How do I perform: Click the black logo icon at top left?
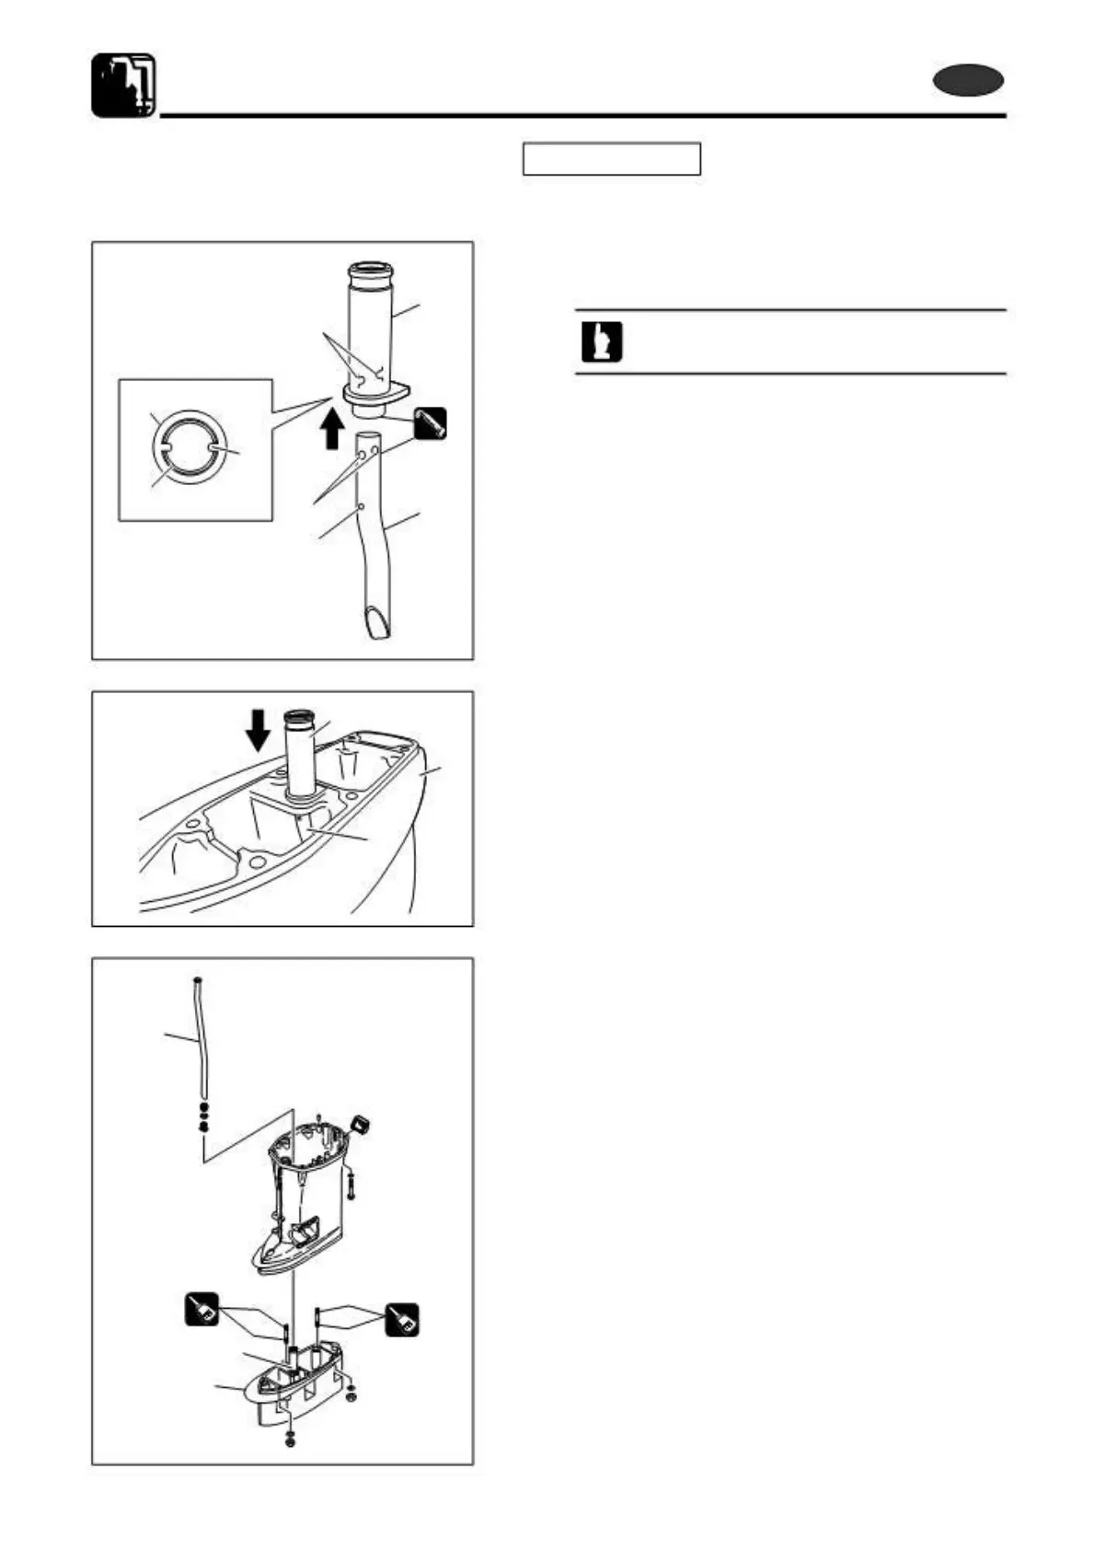pyautogui.click(x=123, y=85)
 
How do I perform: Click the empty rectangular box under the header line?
pyautogui.click(x=611, y=158)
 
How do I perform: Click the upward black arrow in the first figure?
pyautogui.click(x=334, y=428)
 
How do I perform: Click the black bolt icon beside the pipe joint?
pyautogui.click(x=430, y=422)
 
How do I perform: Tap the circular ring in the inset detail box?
pyautogui.click(x=187, y=446)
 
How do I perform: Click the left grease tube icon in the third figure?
pyautogui.click(x=202, y=1309)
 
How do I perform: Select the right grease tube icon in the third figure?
pyautogui.click(x=402, y=1320)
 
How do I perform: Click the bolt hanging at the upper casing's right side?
pyautogui.click(x=352, y=1188)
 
